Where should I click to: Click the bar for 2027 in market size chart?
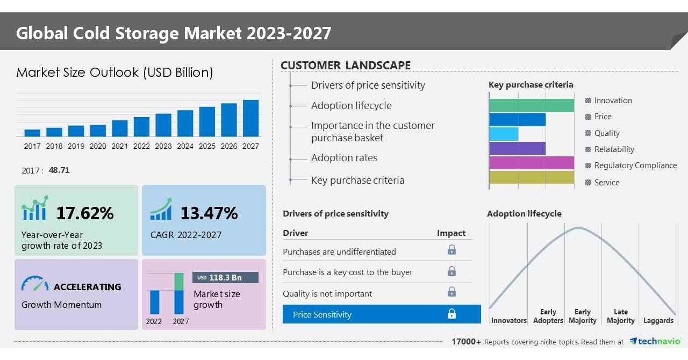(x=250, y=118)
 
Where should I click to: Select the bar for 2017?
(x=32, y=133)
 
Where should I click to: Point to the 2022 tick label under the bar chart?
(x=141, y=146)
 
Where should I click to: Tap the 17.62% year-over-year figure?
(x=85, y=213)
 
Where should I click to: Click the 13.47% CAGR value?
(x=209, y=213)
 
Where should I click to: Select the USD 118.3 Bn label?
(x=225, y=278)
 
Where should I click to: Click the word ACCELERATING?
(x=87, y=287)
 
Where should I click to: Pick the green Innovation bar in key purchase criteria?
(x=532, y=105)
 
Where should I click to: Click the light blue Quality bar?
(x=504, y=134)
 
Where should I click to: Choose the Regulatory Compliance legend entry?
(x=635, y=165)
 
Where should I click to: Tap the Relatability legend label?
(x=614, y=149)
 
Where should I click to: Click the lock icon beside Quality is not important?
(x=451, y=292)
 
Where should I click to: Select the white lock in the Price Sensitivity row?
(x=451, y=314)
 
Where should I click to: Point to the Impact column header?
(x=451, y=233)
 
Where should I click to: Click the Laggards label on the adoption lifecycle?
(x=658, y=320)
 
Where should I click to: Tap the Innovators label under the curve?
(x=508, y=320)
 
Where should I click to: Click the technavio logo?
(x=655, y=341)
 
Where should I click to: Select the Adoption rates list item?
(x=344, y=158)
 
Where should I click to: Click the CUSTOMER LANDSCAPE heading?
(x=346, y=66)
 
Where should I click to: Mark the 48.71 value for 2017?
(x=59, y=170)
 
